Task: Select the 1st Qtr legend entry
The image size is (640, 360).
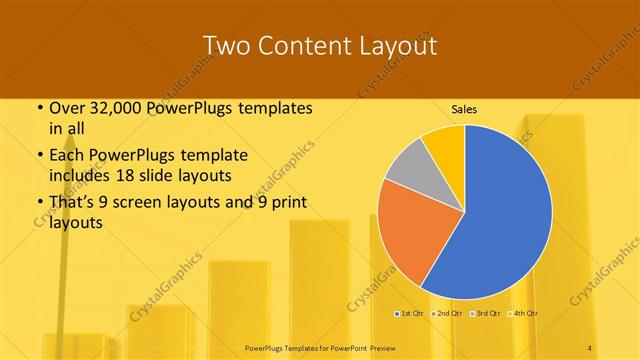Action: pos(409,314)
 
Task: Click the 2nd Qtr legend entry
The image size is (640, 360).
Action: pos(449,314)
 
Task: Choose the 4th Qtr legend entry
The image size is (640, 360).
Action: pos(526,314)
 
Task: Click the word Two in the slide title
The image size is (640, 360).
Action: pos(225,46)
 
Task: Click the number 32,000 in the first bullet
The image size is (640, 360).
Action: pos(111,108)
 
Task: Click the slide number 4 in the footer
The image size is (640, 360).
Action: pos(590,346)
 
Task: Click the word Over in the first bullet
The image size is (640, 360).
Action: pos(67,108)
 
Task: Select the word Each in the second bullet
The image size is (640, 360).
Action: pos(67,156)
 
